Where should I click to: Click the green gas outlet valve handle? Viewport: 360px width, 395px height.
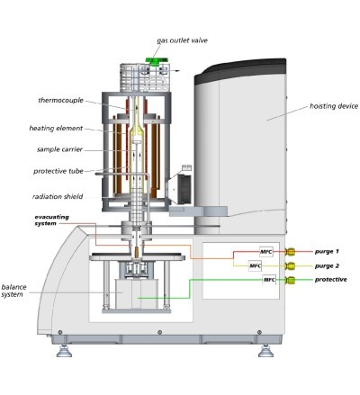[156, 61]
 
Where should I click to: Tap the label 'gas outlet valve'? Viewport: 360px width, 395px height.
[182, 40]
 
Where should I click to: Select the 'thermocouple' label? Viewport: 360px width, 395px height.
[61, 100]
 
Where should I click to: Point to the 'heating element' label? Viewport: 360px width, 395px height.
[56, 129]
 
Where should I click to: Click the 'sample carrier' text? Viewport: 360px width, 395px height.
[59, 149]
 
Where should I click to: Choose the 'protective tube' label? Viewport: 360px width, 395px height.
[58, 171]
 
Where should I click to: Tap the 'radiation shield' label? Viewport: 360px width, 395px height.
[58, 197]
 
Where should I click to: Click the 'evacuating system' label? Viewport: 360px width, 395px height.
[51, 220]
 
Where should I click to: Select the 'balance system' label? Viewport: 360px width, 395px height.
[13, 291]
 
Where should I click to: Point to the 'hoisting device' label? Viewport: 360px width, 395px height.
[334, 106]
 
